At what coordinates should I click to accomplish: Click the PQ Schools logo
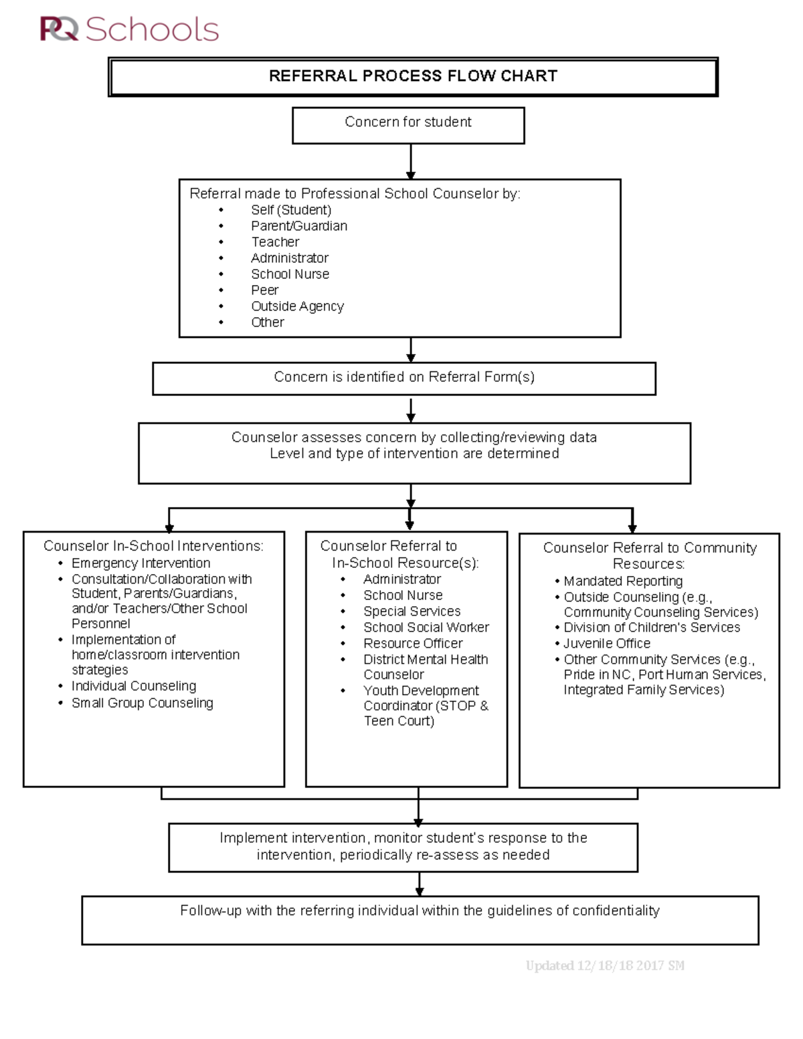[x=129, y=29]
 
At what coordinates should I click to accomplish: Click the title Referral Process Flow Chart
[x=413, y=76]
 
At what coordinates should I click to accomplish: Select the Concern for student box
[x=408, y=124]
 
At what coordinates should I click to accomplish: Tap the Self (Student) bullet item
[x=291, y=210]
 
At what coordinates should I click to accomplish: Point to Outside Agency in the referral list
[x=297, y=306]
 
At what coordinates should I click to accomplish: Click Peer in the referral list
[x=265, y=290]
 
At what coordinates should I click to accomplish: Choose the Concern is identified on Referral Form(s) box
[x=404, y=378]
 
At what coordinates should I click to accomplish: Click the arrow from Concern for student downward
[x=410, y=161]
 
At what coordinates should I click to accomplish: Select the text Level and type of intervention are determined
[x=414, y=454]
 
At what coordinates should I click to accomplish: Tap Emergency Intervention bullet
[x=141, y=563]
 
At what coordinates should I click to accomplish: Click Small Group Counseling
[x=142, y=703]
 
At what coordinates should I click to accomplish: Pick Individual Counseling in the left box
[x=134, y=686]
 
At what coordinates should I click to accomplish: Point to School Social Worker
[x=426, y=628]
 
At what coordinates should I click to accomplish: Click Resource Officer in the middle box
[x=413, y=644]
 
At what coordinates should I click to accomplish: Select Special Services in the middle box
[x=412, y=611]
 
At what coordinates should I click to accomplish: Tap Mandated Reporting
[x=623, y=581]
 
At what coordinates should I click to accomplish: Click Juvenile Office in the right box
[x=607, y=644]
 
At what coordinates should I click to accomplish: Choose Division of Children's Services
[x=652, y=628]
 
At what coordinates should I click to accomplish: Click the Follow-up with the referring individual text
[x=420, y=911]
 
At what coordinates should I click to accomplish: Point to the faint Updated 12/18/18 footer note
[x=605, y=965]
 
